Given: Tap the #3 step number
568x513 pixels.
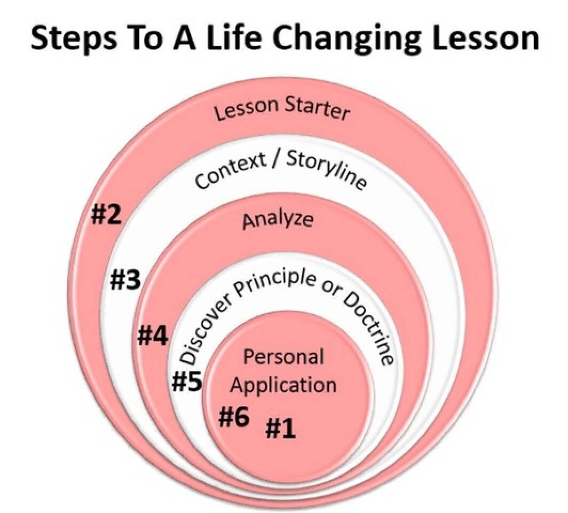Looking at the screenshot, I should coord(125,281).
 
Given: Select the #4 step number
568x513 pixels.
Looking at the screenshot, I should coord(153,336).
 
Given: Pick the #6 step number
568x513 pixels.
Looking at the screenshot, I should coord(234,417).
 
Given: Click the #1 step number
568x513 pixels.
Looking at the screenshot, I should coord(281,428).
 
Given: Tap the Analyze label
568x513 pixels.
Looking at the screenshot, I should coord(278,220).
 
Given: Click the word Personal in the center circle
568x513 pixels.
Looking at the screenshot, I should coord(283,356).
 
